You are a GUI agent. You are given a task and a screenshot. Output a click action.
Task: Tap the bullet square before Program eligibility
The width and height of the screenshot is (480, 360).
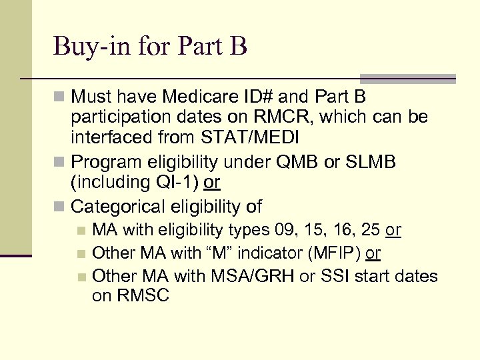60,163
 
